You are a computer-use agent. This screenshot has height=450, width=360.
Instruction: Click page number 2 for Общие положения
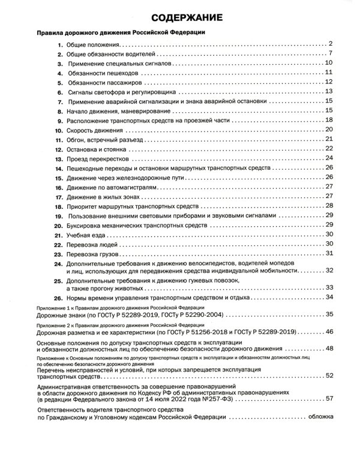(330, 44)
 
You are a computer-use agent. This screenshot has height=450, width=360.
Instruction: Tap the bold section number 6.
(61, 94)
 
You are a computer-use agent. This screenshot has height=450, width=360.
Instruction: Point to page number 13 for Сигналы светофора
(328, 91)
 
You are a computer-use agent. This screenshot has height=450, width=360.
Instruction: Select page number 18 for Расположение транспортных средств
(328, 120)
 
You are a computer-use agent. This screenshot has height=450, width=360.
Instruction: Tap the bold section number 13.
(59, 160)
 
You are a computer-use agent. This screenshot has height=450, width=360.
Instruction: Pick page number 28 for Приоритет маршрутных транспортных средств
(328, 206)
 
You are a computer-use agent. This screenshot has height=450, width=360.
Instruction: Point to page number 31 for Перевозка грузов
(328, 253)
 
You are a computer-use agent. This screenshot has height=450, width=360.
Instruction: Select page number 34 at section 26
(328, 296)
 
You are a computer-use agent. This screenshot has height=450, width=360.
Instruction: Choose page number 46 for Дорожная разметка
(329, 331)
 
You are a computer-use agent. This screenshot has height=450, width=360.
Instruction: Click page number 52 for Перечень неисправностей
(329, 375)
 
